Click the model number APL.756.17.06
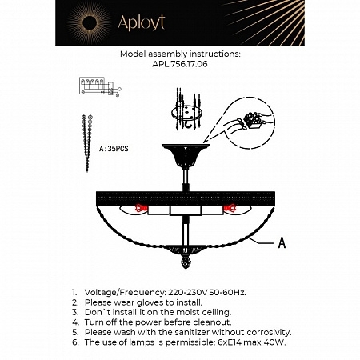coord(179,66)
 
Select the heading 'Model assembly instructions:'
coord(179,55)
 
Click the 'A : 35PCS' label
coord(114,149)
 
